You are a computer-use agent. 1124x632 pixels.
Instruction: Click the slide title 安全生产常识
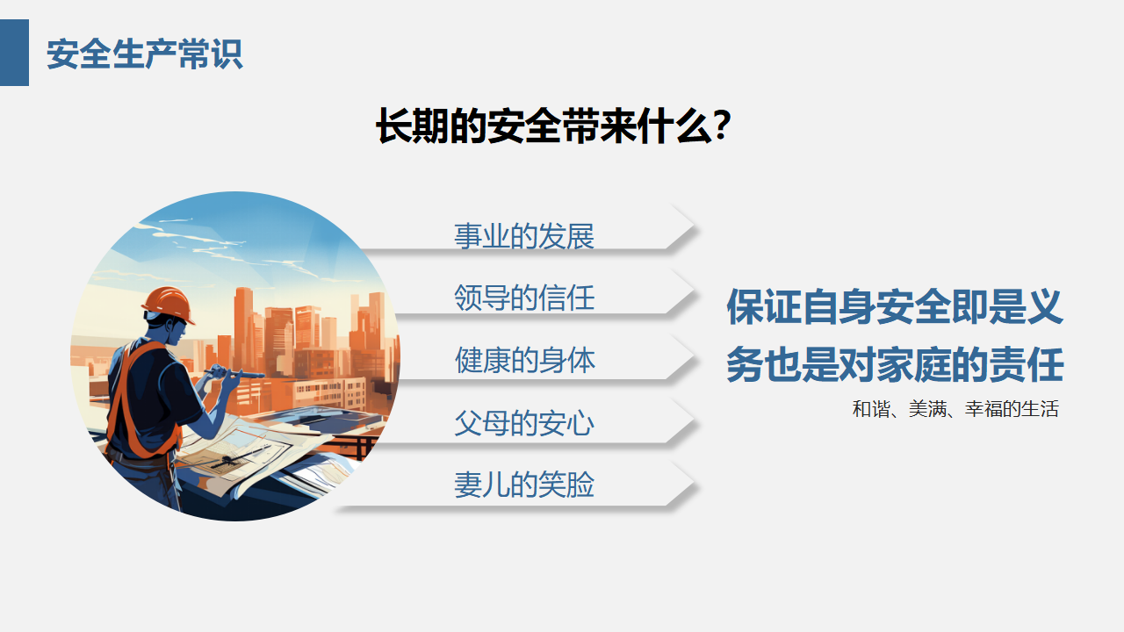tap(145, 54)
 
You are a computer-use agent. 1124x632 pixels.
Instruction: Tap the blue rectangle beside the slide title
tap(14, 53)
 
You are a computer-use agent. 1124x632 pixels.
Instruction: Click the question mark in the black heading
tap(722, 126)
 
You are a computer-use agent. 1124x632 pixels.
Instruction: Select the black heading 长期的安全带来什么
tap(544, 126)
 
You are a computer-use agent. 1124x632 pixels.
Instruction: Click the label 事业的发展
tap(524, 236)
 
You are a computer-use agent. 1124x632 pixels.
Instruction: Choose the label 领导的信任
tap(524, 298)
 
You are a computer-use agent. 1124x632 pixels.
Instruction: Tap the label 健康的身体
tap(525, 360)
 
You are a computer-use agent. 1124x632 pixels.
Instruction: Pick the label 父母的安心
tap(524, 423)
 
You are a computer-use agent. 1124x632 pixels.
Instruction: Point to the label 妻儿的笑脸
tap(524, 485)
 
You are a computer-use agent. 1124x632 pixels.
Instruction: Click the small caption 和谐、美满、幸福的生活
tap(955, 409)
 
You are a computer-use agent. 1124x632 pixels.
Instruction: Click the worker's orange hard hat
tap(169, 304)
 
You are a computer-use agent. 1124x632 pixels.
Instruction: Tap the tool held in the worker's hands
tap(234, 374)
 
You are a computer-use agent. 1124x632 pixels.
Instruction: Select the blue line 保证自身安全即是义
tap(895, 306)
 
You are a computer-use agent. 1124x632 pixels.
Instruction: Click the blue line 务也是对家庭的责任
tap(895, 364)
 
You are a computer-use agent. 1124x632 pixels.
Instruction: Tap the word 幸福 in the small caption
tap(983, 409)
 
